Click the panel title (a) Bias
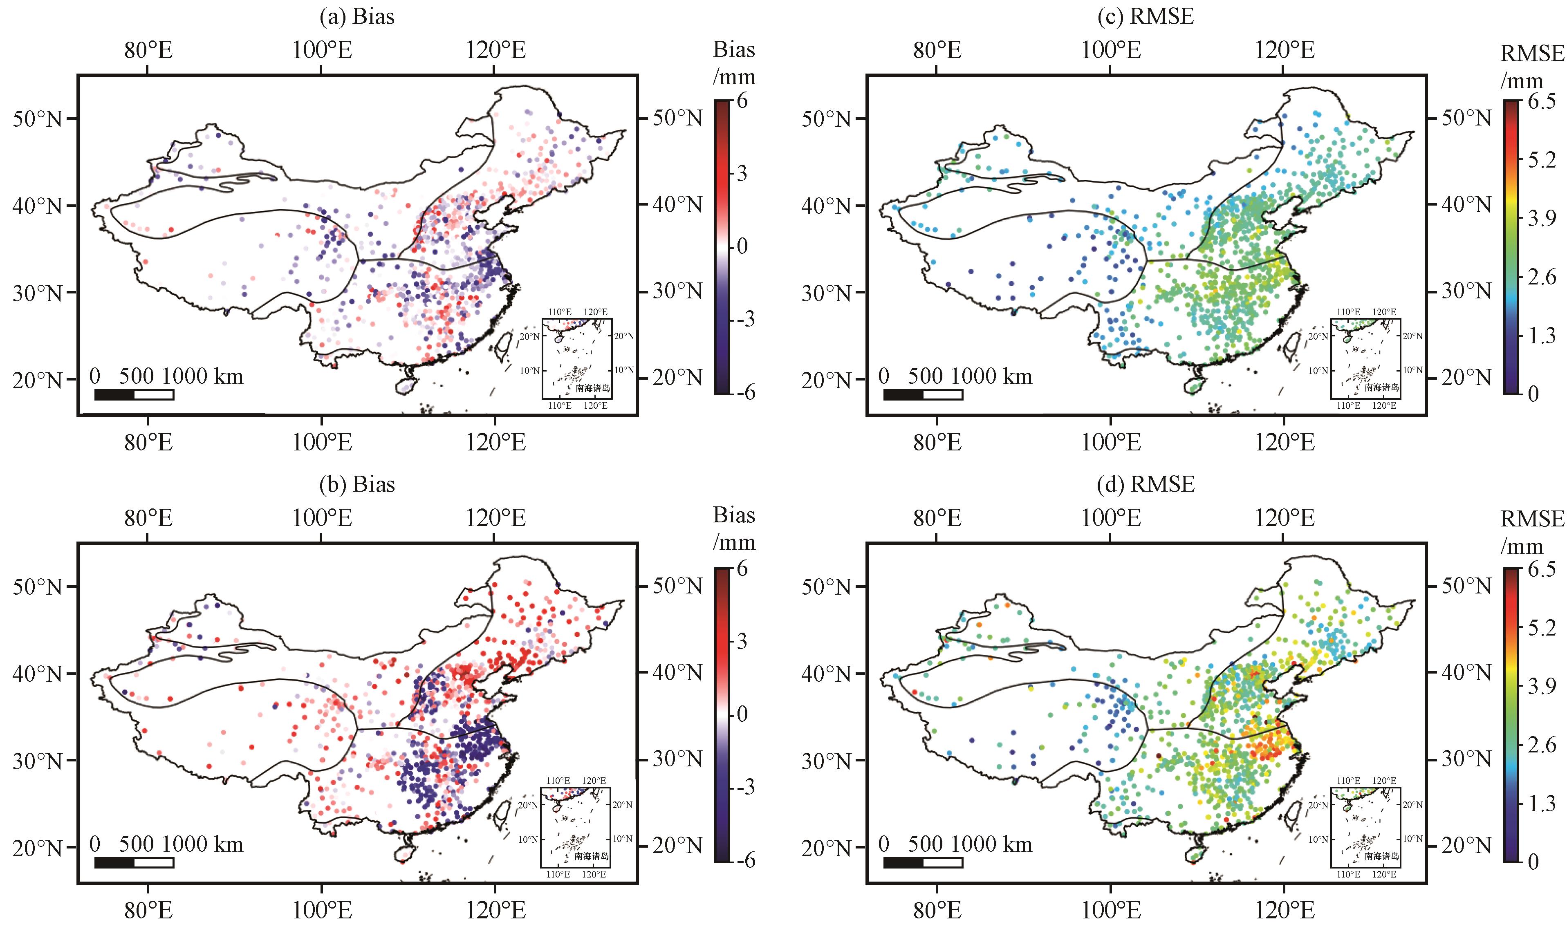(357, 16)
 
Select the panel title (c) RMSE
(1146, 16)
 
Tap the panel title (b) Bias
(357, 485)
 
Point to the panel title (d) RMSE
(1146, 485)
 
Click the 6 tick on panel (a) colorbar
(742, 101)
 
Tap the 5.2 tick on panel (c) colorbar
(1541, 160)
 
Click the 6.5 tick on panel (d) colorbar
(1541, 569)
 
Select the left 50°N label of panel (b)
(38, 587)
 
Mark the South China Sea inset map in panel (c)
(1365, 358)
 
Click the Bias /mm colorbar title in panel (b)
(734, 528)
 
